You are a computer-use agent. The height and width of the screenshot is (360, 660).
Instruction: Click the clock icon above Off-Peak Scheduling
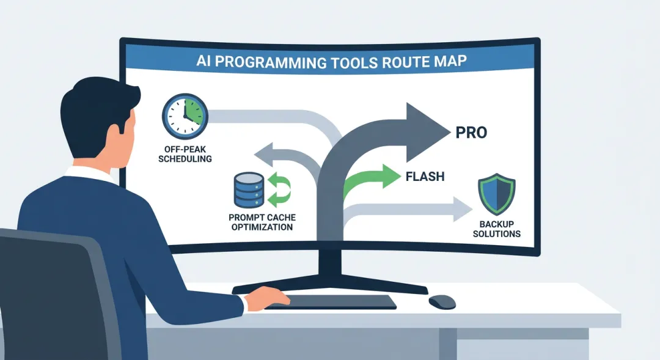tap(185, 116)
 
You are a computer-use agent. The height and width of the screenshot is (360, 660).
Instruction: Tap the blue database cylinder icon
tap(249, 190)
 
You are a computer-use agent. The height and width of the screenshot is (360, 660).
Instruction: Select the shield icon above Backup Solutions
tap(497, 194)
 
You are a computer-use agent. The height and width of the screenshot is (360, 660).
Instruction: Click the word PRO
tap(471, 132)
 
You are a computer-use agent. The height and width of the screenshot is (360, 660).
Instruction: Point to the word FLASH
tap(425, 176)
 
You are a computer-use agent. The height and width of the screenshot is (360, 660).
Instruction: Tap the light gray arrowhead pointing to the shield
tap(462, 209)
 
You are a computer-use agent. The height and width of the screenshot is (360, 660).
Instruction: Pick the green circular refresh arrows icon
tap(279, 189)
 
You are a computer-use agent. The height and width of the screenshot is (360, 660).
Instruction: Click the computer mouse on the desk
tap(442, 301)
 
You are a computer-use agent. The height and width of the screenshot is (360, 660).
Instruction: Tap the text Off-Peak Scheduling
tap(185, 154)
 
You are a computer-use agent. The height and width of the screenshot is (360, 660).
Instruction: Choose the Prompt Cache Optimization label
tap(262, 222)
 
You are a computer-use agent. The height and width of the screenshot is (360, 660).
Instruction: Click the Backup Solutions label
tap(497, 229)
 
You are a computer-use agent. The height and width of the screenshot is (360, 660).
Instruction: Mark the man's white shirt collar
tap(90, 174)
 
